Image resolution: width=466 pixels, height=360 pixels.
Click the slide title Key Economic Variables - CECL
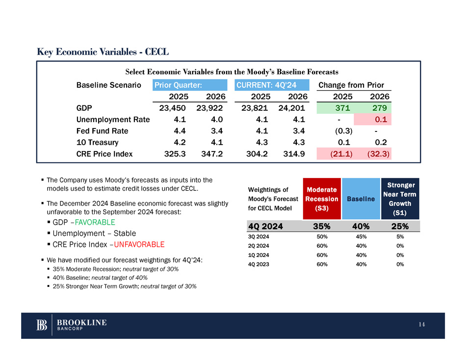coord(103,51)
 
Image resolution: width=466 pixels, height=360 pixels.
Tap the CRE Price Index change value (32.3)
coord(378,154)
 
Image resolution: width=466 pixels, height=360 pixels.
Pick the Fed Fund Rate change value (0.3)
coord(343,131)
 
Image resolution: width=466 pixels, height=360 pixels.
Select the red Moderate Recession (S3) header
coord(322,198)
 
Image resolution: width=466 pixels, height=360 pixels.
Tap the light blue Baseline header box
coord(362,199)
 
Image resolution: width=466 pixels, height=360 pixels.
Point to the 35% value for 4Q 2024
coord(321,226)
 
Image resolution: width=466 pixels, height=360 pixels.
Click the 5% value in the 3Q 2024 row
coord(400,236)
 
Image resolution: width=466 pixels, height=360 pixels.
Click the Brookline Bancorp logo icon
coord(42,325)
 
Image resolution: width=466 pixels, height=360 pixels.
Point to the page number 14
coord(423,325)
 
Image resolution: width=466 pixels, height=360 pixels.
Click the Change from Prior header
coord(351,85)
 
